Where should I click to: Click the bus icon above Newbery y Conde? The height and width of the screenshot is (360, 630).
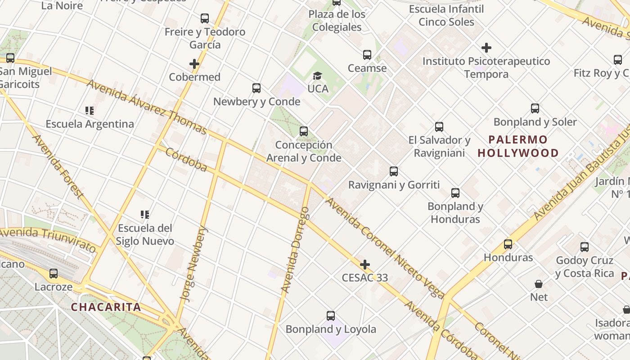[256, 88]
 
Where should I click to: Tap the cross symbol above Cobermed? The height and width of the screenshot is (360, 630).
[194, 64]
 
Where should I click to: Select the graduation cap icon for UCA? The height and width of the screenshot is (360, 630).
[318, 76]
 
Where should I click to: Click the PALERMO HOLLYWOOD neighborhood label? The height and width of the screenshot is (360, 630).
[518, 146]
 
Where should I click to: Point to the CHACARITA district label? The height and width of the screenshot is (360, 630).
[106, 307]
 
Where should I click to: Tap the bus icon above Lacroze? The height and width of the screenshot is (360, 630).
[54, 273]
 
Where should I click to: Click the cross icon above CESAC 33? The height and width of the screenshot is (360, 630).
[365, 264]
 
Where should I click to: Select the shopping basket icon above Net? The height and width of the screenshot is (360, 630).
[539, 284]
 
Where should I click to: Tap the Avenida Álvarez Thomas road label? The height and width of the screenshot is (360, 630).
[147, 107]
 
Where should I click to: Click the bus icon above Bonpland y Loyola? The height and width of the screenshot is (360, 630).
[331, 316]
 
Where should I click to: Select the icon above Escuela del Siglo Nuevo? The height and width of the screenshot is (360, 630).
[144, 215]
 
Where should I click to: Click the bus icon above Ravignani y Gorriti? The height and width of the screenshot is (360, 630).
[394, 171]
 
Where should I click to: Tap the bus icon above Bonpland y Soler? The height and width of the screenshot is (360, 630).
[535, 108]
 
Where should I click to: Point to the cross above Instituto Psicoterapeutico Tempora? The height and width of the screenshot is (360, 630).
[486, 48]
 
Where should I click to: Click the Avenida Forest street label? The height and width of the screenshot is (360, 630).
[58, 166]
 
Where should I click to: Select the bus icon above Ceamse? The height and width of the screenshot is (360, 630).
[367, 55]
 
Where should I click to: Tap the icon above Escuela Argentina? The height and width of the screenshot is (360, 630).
[90, 111]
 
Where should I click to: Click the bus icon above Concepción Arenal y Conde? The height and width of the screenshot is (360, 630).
[304, 131]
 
